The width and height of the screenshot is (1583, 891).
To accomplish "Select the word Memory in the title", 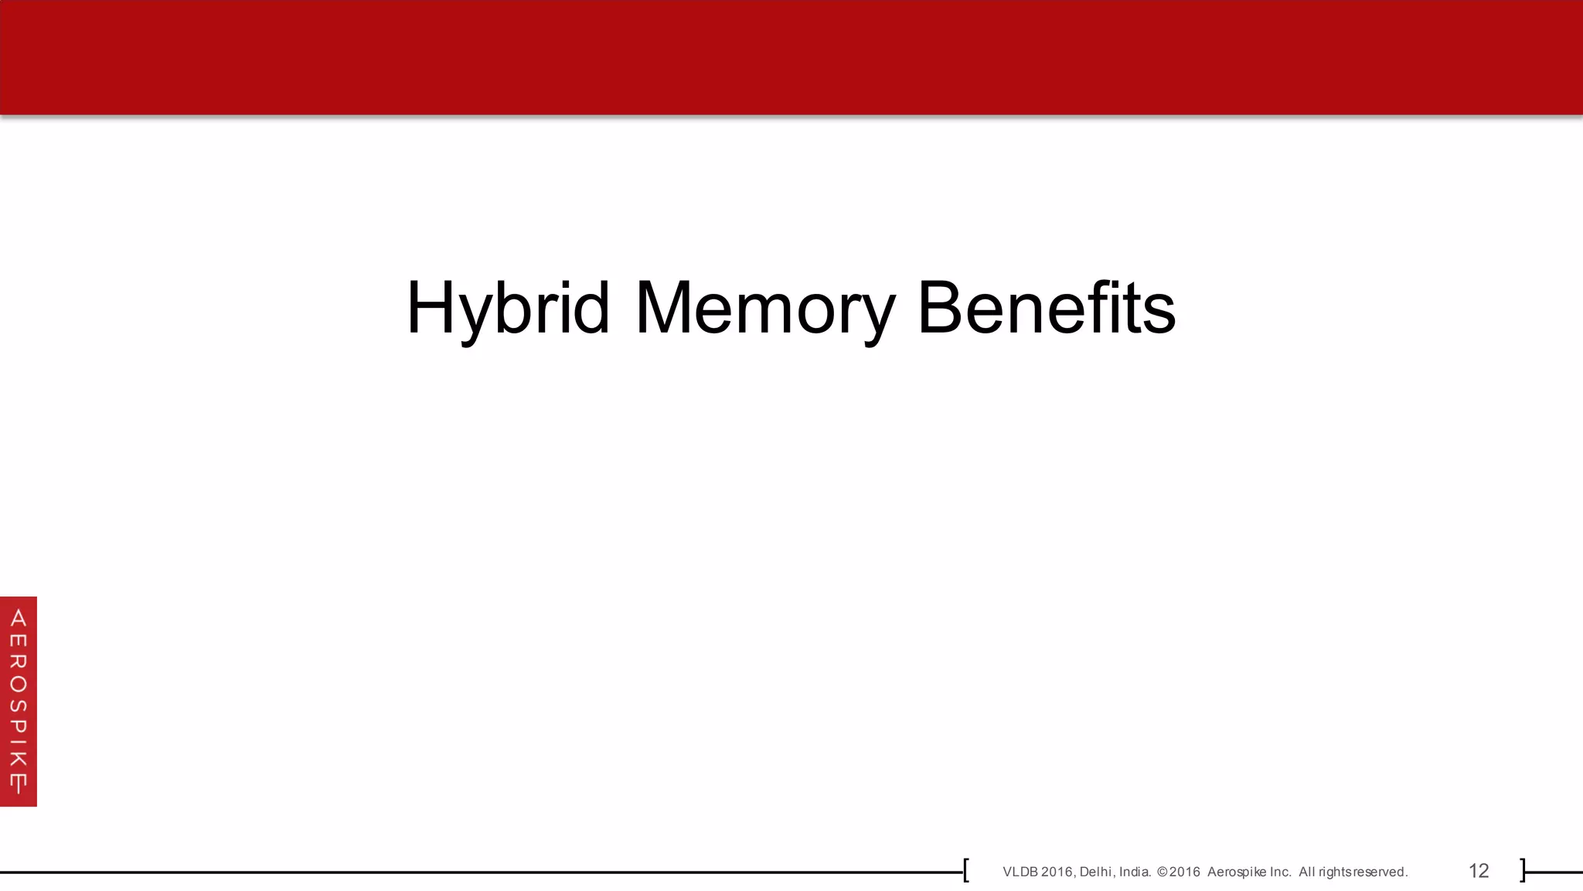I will point(764,308).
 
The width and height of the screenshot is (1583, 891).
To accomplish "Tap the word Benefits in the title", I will point(1046,308).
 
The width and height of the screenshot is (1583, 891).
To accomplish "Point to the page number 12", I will point(1478,871).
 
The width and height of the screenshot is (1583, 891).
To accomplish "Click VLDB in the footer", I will point(1020,872).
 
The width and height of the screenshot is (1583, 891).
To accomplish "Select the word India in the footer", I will point(1134,872).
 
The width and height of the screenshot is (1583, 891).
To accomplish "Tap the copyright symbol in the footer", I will point(1162,872).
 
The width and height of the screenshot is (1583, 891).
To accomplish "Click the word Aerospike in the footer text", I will point(1237,872).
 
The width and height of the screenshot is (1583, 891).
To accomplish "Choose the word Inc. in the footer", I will point(1280,872).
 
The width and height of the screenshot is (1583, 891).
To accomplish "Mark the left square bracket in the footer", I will point(966,870).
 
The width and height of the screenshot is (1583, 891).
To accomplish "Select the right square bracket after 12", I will point(1523,870).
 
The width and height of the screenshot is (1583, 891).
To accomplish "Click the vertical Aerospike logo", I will point(19,701).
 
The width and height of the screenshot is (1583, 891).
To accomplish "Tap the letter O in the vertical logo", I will point(19,684).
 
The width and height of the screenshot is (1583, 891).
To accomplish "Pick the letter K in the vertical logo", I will point(19,756).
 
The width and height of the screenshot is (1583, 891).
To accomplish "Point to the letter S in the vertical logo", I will point(19,706).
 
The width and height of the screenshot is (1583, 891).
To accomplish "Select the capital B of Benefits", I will point(941,308).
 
